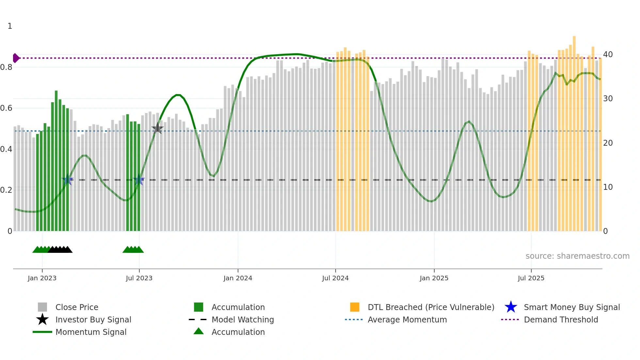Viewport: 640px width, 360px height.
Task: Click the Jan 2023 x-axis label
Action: tap(42, 278)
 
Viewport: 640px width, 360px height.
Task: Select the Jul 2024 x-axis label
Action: tap(335, 278)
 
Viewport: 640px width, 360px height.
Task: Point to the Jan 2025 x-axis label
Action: tap(434, 278)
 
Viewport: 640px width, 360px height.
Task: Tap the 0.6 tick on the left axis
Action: tap(6, 108)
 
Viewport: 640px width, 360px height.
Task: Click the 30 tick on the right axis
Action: tap(608, 99)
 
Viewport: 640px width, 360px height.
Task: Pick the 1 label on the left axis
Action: tap(10, 26)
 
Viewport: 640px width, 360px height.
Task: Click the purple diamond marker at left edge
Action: tap(16, 58)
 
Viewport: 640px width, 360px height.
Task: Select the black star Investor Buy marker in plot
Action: tap(157, 128)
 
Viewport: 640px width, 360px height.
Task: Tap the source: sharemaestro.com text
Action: tap(577, 256)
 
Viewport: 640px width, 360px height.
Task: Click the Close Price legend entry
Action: tap(77, 307)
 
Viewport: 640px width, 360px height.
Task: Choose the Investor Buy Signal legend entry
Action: tap(93, 319)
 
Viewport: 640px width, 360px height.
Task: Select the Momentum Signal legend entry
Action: tap(91, 332)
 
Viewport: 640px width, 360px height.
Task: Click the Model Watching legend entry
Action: tap(243, 319)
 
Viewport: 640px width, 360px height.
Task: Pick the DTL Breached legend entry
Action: tap(431, 307)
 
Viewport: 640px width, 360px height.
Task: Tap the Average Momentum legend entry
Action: tap(407, 319)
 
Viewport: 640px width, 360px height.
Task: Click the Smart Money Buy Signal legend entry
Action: tap(571, 307)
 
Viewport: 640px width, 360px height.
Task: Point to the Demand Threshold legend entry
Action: tap(561, 319)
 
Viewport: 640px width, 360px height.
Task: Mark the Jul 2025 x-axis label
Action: tap(531, 278)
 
